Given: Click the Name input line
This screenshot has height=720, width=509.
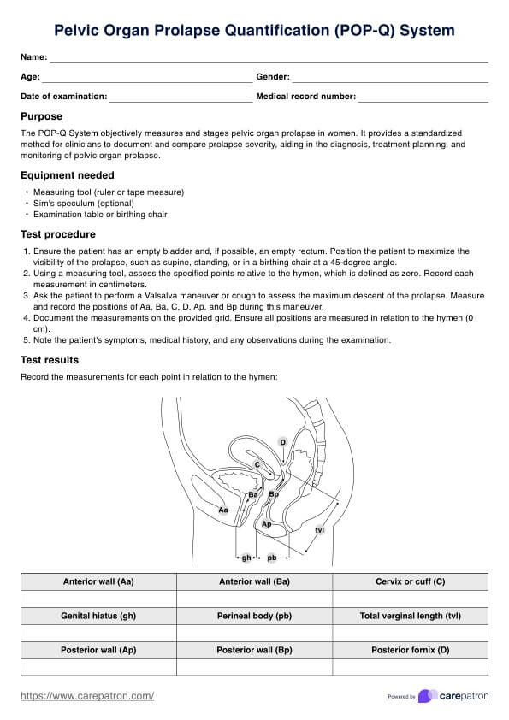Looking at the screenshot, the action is click(269, 62).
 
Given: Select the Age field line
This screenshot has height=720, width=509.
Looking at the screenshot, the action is click(147, 82).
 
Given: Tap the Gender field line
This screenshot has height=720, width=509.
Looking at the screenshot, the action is click(390, 82).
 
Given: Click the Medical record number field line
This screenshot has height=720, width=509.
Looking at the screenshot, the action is click(423, 102).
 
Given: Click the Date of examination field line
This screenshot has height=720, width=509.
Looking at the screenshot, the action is click(181, 102).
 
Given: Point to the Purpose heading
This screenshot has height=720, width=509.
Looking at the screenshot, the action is click(41, 116).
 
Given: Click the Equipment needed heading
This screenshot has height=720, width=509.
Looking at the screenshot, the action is click(67, 175).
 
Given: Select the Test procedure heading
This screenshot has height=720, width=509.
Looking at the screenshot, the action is click(58, 234).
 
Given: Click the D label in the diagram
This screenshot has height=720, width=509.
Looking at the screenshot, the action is click(282, 442).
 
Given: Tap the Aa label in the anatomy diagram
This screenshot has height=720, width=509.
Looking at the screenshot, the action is click(222, 510).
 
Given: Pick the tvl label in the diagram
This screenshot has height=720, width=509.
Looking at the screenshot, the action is click(320, 530).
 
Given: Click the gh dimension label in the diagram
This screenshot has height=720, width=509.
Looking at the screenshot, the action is click(246, 558).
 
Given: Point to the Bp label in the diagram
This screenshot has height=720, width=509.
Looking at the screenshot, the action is click(274, 494).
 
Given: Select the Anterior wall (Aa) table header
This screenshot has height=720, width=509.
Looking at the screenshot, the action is click(98, 581).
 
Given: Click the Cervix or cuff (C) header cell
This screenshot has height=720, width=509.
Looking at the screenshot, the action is click(411, 581).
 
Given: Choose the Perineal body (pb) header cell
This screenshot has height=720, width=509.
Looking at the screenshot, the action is click(255, 616).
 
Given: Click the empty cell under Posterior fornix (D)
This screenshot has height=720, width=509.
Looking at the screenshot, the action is click(411, 667).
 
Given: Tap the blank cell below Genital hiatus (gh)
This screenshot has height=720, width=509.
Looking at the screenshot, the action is click(98, 634).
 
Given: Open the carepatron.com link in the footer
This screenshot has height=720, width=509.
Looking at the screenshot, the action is click(87, 696).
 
